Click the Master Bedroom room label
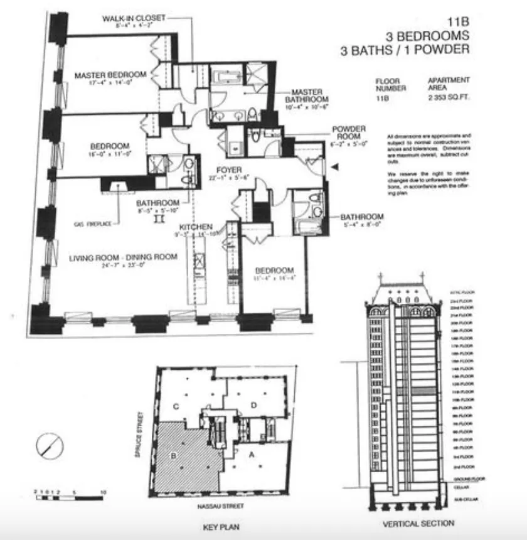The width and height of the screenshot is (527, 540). (x=110, y=75)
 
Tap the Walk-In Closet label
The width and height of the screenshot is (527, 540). (x=134, y=18)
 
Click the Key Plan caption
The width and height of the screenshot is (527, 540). (x=221, y=527)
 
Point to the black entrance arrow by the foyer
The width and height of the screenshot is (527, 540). (x=334, y=167)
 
